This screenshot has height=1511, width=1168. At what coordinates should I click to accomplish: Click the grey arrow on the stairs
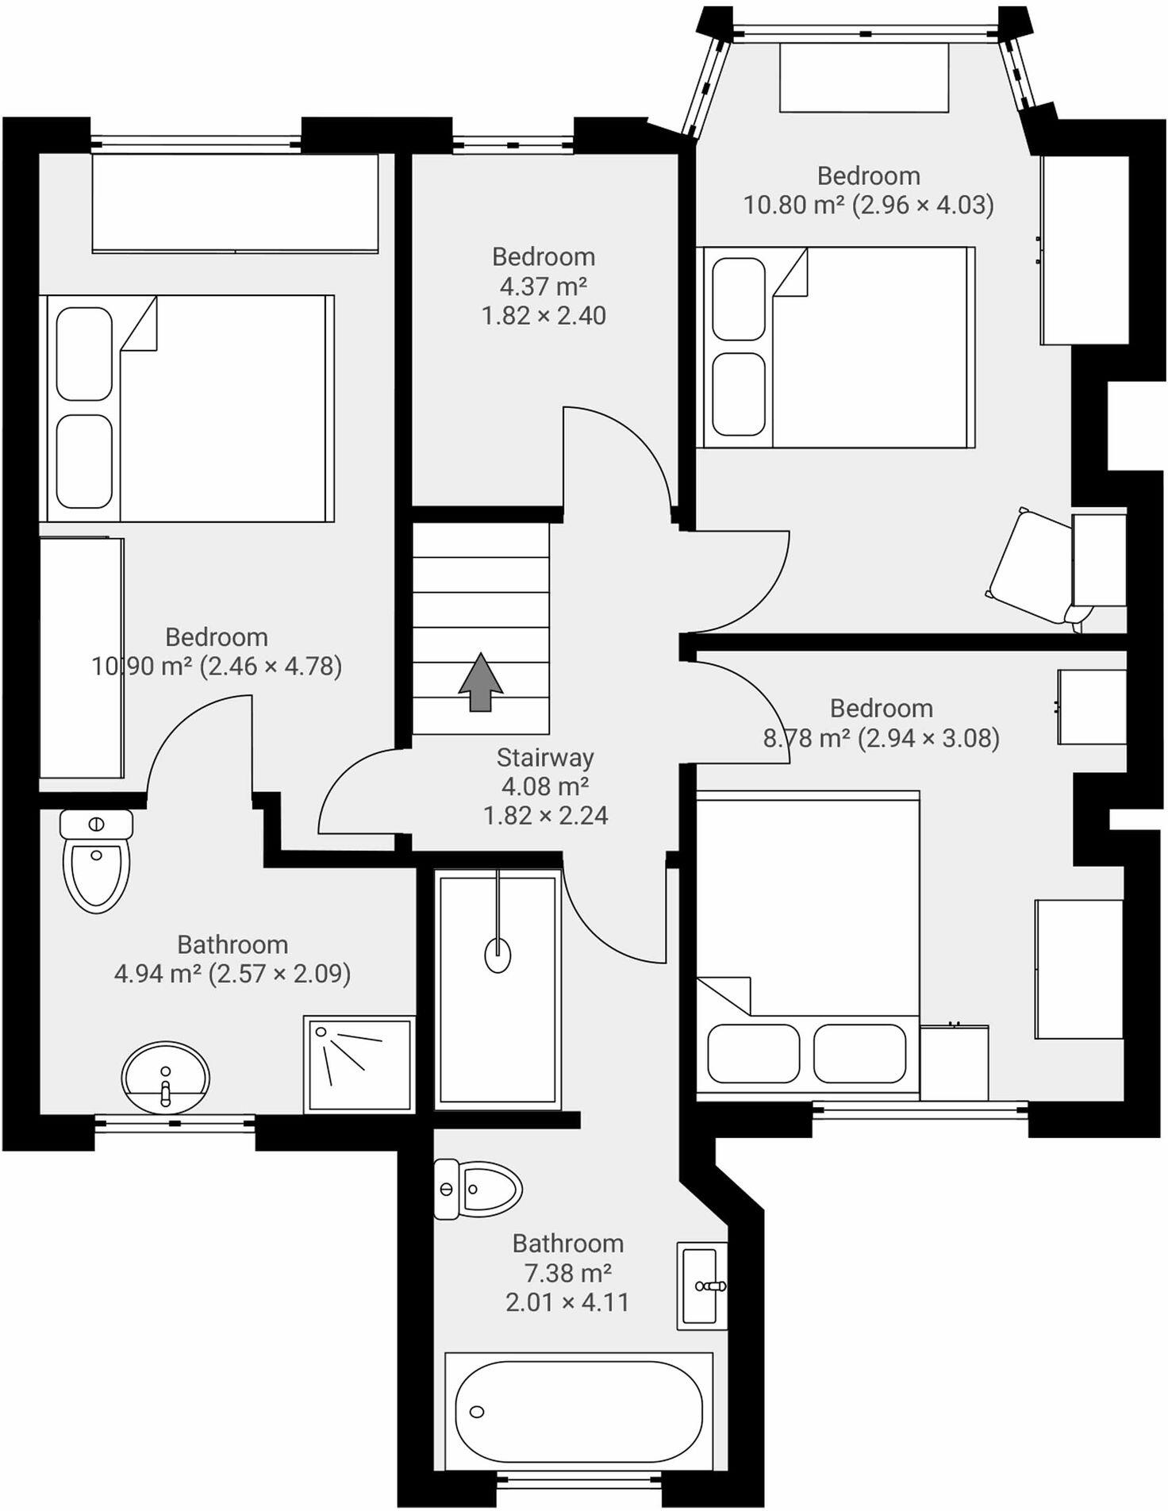pos(481,682)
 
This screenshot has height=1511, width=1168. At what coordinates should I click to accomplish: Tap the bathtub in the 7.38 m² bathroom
pos(578,1412)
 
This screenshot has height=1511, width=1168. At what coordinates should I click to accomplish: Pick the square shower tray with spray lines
pos(359,1063)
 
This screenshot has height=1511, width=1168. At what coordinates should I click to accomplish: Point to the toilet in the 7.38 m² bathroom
pos(478,1189)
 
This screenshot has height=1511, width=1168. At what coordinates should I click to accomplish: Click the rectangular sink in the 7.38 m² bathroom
pos(701,1286)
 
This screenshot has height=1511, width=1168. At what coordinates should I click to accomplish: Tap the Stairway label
pos(545,758)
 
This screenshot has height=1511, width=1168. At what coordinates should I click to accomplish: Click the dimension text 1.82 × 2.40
pos(544,316)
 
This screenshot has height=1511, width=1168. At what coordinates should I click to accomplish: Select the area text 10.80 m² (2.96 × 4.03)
pos(868,205)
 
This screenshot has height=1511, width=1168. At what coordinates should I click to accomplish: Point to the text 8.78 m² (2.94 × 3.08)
pos(881,738)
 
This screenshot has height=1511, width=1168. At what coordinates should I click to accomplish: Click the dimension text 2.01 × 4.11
pos(567,1302)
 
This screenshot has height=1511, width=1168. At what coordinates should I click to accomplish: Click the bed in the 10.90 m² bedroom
pos(186,409)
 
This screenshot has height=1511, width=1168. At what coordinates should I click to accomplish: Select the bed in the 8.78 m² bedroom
pos(808,944)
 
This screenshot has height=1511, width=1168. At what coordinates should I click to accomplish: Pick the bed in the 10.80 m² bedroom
pos(836,347)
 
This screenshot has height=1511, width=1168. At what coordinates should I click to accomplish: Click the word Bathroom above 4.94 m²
pos(232,944)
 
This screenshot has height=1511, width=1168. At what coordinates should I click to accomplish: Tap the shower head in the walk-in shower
pos(498,954)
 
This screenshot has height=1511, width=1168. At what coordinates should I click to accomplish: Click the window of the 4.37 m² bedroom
pos(513,144)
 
